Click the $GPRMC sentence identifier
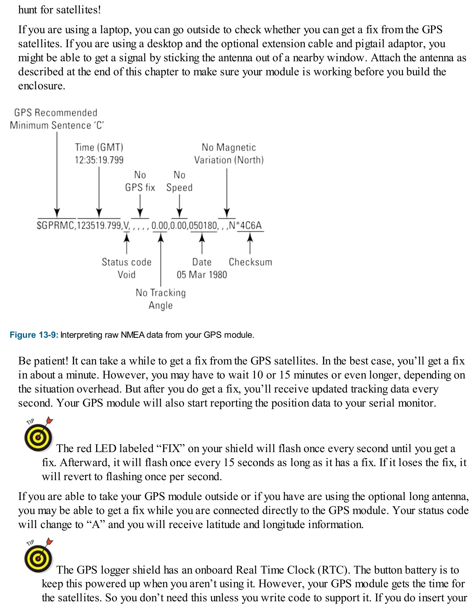click(55, 226)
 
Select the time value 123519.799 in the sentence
click(99, 226)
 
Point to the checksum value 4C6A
click(251, 226)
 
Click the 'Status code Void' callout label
click(127, 268)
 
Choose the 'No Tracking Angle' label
click(160, 299)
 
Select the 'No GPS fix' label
click(140, 181)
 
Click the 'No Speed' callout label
click(179, 181)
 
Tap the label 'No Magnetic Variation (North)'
click(229, 154)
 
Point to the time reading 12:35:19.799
click(99, 160)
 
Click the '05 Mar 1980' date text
click(202, 274)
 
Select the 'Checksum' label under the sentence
click(250, 262)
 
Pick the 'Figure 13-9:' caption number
click(34, 335)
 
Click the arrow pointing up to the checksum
click(250, 243)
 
